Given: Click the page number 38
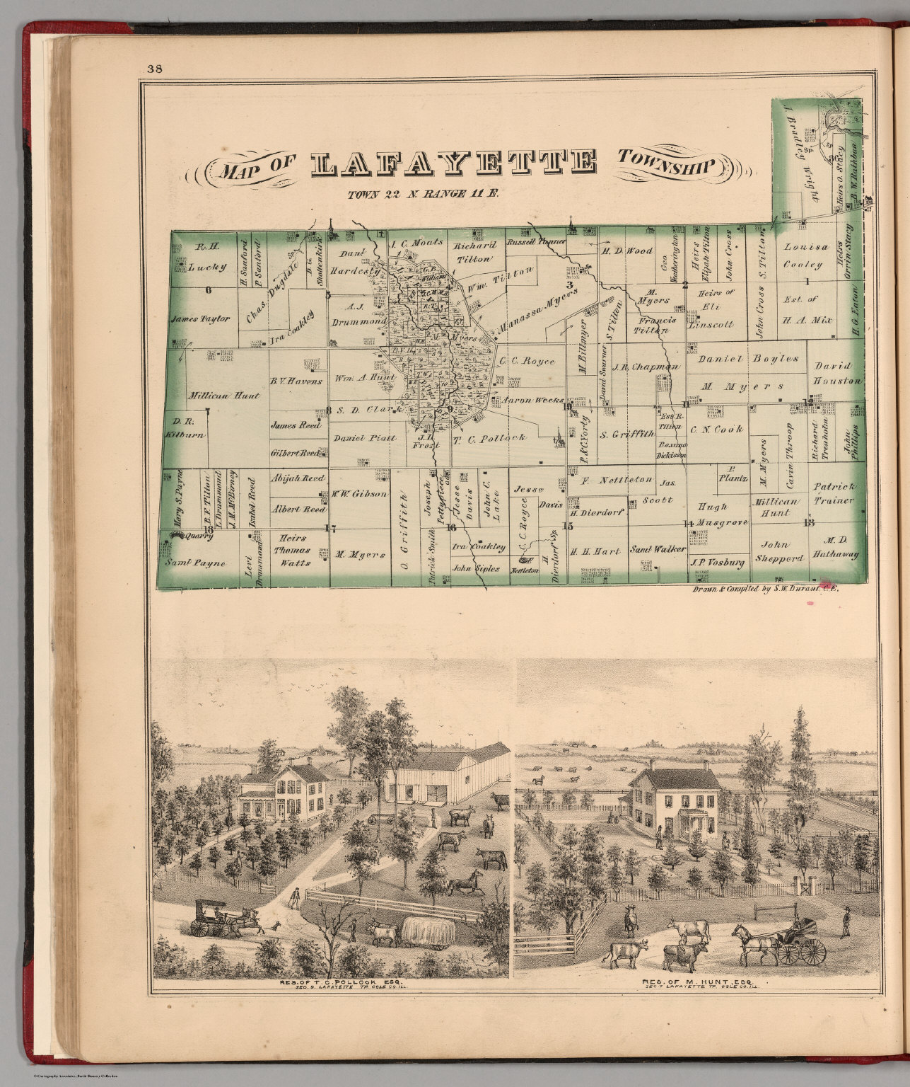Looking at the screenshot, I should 155,69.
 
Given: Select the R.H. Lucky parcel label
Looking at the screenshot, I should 209,258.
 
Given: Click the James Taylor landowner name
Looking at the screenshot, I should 200,319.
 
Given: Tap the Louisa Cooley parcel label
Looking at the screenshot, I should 804,255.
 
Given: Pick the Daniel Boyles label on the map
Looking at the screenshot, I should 748,359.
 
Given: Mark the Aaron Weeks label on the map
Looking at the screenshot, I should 531,400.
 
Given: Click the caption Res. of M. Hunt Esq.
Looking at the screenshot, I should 696,982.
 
